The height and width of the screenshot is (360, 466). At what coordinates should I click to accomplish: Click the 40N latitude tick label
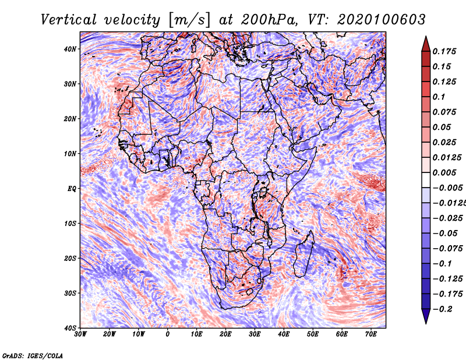[70, 49]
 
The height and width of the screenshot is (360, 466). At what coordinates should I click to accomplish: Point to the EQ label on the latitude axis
[71, 189]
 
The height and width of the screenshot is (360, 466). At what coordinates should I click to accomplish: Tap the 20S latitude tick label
[70, 258]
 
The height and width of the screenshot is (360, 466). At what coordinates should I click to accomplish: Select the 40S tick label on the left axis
[70, 328]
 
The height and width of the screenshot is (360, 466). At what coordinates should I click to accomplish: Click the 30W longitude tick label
[80, 334]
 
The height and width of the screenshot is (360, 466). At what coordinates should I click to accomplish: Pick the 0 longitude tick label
[168, 334]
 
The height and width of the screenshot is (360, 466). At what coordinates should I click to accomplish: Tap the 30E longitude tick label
[255, 334]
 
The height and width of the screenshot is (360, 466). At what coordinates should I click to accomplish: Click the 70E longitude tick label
[371, 334]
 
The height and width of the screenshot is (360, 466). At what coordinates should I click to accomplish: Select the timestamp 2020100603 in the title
[376, 19]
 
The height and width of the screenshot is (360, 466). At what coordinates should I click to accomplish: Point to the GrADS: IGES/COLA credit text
[32, 355]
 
